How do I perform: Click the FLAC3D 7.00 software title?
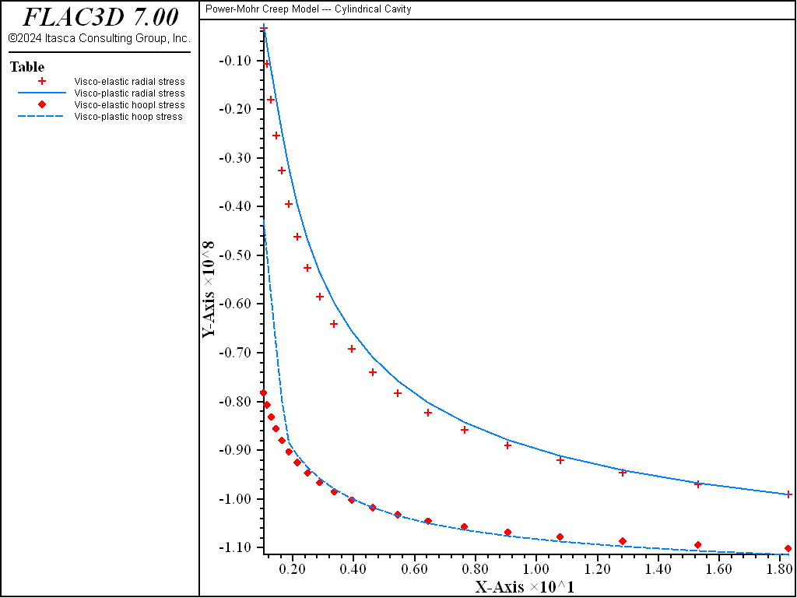(x=100, y=17)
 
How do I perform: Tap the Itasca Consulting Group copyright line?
(x=99, y=38)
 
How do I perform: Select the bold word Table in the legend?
(x=27, y=67)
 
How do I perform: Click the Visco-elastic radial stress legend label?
(x=129, y=81)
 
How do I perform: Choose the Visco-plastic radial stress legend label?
(x=129, y=93)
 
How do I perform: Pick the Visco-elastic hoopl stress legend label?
(x=129, y=105)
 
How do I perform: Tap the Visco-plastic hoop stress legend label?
(x=128, y=117)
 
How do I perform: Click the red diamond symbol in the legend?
(x=43, y=105)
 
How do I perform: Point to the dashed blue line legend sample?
(x=43, y=117)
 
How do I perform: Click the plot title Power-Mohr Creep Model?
(x=308, y=9)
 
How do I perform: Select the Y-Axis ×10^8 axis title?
(x=209, y=287)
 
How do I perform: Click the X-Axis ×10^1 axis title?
(x=525, y=586)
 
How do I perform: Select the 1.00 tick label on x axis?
(x=536, y=569)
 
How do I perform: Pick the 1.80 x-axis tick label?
(x=779, y=569)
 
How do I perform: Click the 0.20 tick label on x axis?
(x=293, y=569)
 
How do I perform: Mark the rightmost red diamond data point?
(x=788, y=549)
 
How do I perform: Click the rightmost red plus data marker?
(x=788, y=494)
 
